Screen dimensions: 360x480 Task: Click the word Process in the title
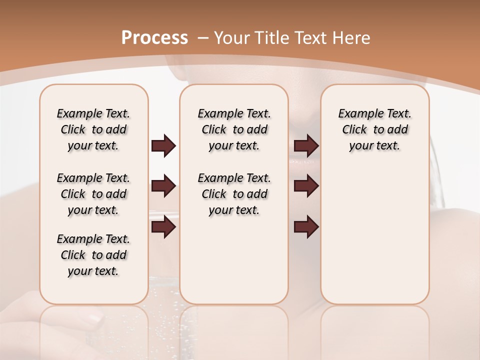click(x=154, y=38)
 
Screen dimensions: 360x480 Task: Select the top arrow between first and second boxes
click(x=163, y=146)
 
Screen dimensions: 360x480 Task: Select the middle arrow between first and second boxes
click(x=163, y=186)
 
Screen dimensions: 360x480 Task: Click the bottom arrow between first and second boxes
click(x=163, y=227)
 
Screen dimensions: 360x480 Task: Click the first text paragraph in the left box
click(x=93, y=129)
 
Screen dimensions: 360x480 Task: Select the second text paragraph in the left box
click(x=93, y=194)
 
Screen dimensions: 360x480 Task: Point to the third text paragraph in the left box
click(x=93, y=255)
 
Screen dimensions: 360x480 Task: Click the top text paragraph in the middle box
click(x=234, y=129)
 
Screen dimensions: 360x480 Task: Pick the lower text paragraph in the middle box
click(x=234, y=194)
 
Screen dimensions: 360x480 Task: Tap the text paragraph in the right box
click(x=375, y=129)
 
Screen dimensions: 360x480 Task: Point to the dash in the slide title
click(x=203, y=38)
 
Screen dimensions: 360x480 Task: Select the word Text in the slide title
click(x=310, y=38)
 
